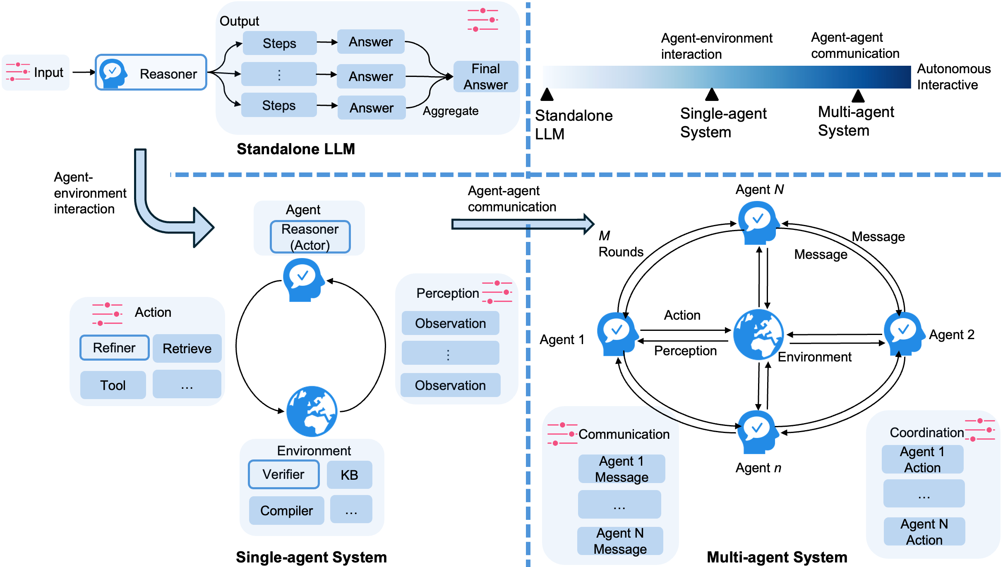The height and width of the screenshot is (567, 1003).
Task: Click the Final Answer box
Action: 485,77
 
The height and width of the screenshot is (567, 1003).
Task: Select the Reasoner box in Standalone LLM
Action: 151,72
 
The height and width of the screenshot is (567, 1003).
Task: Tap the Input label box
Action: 36,72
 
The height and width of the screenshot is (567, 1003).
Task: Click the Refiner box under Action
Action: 114,347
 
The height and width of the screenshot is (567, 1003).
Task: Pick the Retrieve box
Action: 187,348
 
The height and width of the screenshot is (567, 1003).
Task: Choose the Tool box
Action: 113,385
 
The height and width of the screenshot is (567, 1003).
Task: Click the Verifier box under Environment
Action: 283,474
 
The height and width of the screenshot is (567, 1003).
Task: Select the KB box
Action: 349,474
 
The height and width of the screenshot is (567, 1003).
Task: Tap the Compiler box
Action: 286,510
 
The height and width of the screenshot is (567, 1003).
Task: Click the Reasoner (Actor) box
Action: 310,237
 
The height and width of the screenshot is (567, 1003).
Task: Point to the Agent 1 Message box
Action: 621,469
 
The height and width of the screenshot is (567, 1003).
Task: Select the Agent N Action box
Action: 924,531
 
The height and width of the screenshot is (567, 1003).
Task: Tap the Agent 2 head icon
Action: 903,333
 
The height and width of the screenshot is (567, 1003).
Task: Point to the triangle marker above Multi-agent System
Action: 858,96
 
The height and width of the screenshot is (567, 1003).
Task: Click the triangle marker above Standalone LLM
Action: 547,95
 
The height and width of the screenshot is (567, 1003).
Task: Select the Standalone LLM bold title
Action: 296,149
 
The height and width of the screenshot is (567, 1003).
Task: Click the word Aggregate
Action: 451,111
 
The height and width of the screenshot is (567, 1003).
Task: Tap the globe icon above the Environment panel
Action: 312,411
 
